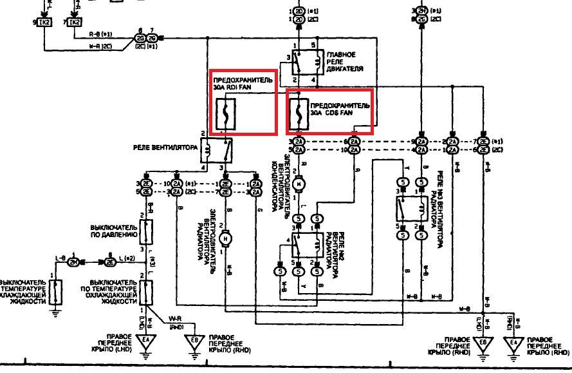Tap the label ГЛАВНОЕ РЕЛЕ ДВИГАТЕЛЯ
pos(346,62)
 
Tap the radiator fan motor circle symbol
pos(225,240)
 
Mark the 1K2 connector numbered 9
pos(44,23)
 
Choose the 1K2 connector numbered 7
pos(75,23)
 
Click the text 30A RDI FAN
pos(235,89)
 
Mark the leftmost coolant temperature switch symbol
pos(57,292)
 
